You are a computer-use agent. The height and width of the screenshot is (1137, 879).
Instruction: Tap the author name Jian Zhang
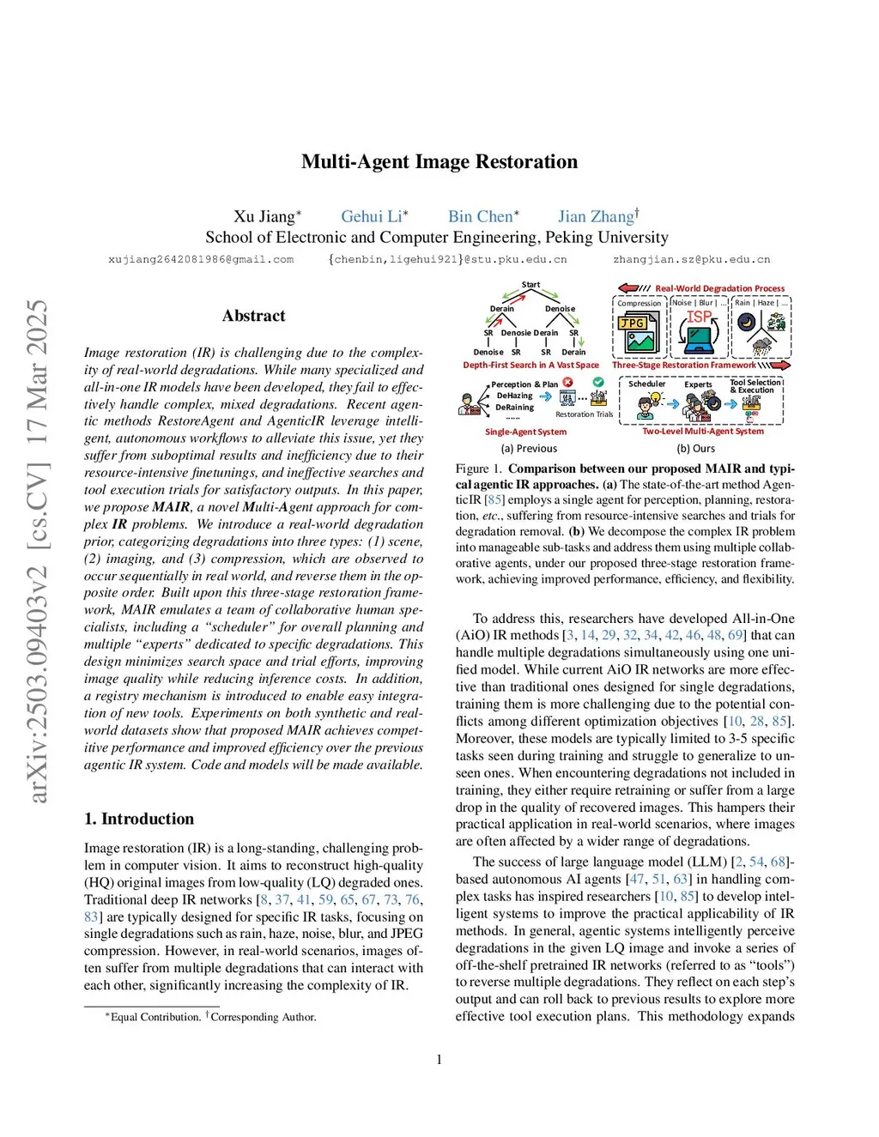596,217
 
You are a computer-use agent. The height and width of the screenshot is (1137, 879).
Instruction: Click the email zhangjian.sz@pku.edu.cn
691,259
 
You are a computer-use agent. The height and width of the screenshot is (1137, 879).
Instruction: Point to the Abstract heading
253,316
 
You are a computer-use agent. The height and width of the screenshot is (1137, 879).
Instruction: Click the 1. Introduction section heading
139,819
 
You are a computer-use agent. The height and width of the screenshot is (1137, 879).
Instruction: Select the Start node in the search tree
530,285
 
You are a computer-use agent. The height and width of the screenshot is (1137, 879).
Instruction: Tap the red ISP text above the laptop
699,317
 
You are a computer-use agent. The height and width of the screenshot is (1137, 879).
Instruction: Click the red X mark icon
567,382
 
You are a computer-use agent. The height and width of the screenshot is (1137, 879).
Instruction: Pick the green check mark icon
598,382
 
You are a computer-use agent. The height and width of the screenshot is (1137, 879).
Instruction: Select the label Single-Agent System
525,432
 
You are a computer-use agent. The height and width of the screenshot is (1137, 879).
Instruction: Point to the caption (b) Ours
695,448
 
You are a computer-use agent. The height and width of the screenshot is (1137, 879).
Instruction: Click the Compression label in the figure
640,304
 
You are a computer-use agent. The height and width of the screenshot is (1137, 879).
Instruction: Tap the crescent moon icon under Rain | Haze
746,323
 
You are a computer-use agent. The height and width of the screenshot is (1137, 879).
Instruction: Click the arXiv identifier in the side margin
38,551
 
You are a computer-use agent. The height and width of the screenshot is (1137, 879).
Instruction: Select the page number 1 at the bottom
439,1060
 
